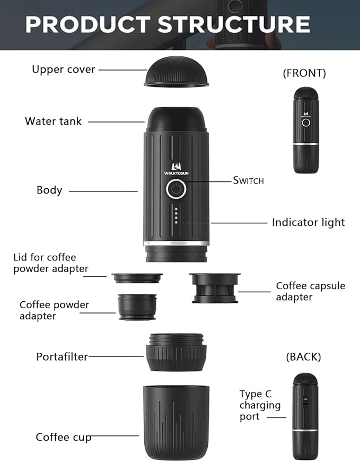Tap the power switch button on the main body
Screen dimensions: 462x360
[176, 188]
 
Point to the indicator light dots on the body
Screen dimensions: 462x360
[176, 216]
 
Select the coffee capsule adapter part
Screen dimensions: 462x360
[215, 288]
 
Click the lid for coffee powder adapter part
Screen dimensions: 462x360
[137, 277]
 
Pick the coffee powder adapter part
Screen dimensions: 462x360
[137, 307]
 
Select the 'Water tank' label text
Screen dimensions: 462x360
[53, 121]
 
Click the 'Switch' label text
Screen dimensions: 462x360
[248, 181]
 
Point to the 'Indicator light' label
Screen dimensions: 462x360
[308, 223]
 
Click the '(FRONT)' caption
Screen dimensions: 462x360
[304, 73]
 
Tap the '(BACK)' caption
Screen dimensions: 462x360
[303, 357]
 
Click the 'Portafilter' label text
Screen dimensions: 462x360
[62, 356]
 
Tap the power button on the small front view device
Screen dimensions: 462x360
[306, 123]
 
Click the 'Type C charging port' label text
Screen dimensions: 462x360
[260, 405]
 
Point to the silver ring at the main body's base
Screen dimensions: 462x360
[176, 243]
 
